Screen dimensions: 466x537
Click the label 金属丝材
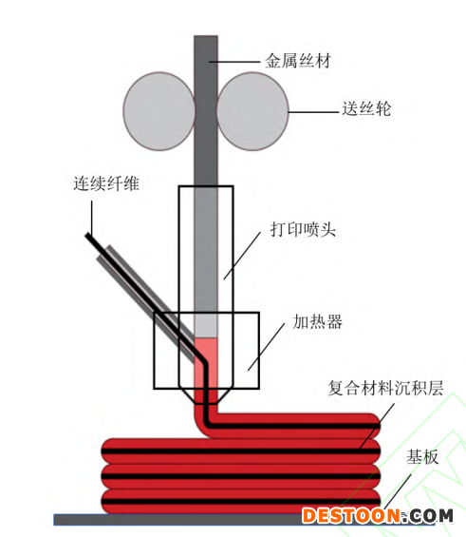point(298,61)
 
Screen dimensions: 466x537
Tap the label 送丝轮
point(366,109)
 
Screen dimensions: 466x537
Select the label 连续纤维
point(106,183)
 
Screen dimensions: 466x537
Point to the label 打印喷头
point(303,229)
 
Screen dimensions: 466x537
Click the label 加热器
point(317,321)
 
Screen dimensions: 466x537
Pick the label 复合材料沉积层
point(385,388)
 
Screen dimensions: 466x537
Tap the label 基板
point(422,457)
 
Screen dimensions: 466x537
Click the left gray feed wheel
point(159,111)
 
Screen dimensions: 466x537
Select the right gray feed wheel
point(252,111)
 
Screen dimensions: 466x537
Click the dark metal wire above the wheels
point(206,55)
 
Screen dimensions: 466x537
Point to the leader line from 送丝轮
point(313,112)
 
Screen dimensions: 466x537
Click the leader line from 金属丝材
point(234,62)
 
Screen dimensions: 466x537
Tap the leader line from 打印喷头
point(242,256)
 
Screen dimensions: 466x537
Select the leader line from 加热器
point(267,347)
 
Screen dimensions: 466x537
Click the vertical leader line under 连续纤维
point(92,218)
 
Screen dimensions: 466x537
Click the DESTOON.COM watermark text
point(378,515)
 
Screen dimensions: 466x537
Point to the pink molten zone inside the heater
point(206,363)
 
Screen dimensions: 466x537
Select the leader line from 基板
point(398,491)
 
